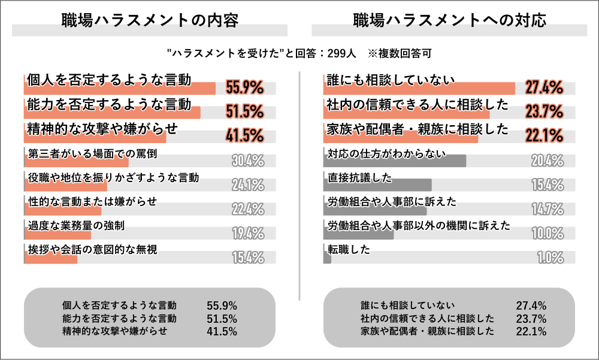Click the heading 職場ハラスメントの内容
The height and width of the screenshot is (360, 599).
pos(150,20)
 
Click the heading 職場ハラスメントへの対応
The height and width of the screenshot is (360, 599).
pos(449,20)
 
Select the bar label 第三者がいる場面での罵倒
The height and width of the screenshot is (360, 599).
pos(93,153)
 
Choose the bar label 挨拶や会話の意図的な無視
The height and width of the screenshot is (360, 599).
pos(93,249)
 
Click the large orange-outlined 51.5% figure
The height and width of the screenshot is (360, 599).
pos(245,111)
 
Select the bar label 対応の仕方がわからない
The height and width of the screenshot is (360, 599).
pos(387,153)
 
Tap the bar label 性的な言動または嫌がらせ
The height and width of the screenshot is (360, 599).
pos(93,201)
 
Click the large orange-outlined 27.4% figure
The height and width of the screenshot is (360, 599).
pos(544,87)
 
